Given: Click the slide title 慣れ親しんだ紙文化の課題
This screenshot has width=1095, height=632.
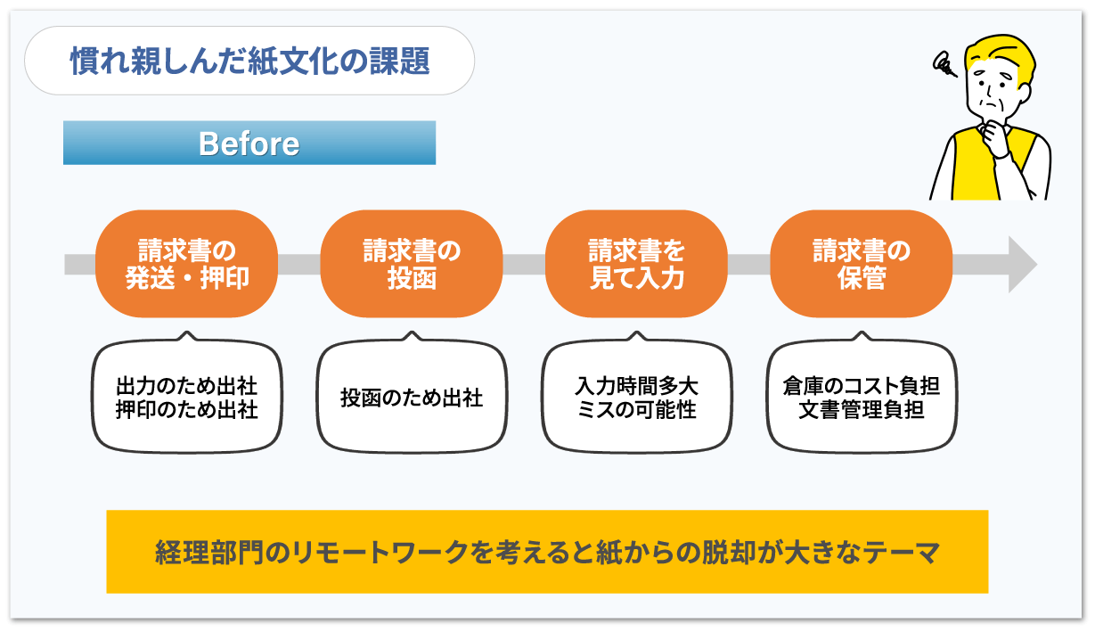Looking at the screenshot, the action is tap(249, 62).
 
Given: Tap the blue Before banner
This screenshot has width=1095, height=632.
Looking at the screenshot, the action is tap(249, 143).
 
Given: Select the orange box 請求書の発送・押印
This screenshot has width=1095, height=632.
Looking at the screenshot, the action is tap(187, 264).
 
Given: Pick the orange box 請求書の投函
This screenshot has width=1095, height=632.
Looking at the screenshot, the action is tap(412, 264).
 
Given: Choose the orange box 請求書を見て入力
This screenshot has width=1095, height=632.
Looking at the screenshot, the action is tap(636, 264).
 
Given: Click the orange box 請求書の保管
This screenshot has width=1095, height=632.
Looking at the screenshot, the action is tap(862, 264).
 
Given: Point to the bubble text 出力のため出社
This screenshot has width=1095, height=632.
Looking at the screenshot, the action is tap(187, 387).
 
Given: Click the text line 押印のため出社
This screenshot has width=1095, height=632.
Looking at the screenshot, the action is tap(187, 409).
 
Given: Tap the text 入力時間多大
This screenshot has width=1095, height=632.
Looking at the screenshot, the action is tap(636, 387).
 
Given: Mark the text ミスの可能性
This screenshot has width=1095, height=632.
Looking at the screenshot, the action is tap(636, 409).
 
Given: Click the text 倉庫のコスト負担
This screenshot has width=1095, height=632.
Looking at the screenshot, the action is tap(862, 387).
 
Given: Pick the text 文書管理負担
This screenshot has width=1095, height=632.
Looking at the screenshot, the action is tap(862, 409).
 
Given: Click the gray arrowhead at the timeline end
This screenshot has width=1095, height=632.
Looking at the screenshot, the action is tap(1021, 265).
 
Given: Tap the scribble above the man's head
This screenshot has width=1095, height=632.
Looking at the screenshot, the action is tap(944, 64).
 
